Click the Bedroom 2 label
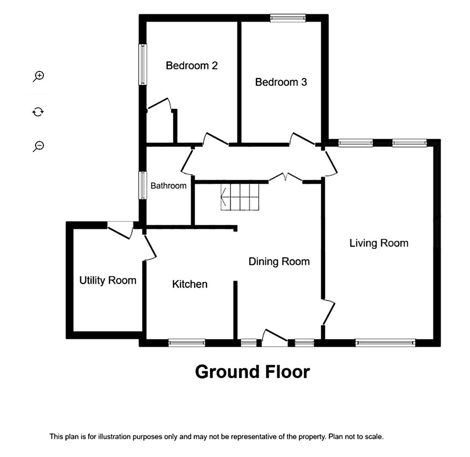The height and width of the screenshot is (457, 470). click(x=191, y=66)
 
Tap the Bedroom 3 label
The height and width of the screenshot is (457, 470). click(x=281, y=82)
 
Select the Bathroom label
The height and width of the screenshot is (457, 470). click(x=169, y=186)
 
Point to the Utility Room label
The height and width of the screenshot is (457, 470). click(x=108, y=280)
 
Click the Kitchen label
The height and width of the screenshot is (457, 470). click(x=190, y=284)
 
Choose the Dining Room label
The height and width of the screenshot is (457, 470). click(x=279, y=262)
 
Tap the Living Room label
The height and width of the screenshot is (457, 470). click(x=379, y=243)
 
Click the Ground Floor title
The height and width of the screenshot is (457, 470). click(x=252, y=372)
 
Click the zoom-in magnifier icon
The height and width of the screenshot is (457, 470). click(x=38, y=76)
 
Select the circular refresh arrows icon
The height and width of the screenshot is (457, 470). click(x=38, y=112)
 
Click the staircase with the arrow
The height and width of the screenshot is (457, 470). click(x=240, y=197)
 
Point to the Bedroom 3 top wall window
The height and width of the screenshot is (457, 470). click(x=288, y=18)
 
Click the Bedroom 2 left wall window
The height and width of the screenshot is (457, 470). click(x=143, y=64)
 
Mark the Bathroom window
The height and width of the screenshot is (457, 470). click(x=143, y=185)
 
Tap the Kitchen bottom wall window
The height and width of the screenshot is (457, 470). click(x=187, y=343)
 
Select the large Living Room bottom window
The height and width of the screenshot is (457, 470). click(x=385, y=343)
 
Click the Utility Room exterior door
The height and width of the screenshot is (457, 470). click(x=120, y=230)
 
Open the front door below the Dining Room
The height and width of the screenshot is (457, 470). click(x=275, y=338)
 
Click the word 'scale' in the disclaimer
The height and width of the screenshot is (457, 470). click(x=375, y=437)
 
